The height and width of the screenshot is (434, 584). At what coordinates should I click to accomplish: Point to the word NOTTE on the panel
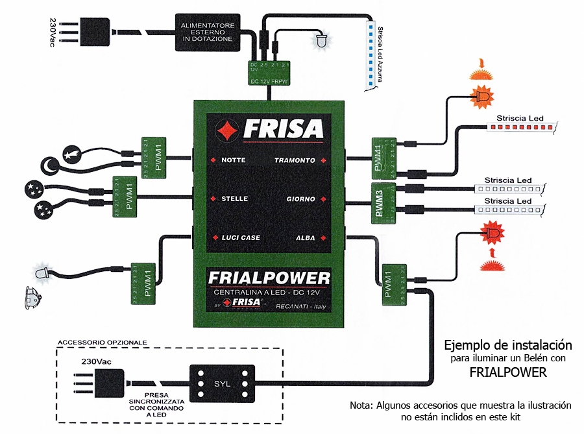pos(233,160)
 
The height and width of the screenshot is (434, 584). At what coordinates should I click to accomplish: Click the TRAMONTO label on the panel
pos(295,160)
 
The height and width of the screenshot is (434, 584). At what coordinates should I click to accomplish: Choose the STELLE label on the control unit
pos(234,199)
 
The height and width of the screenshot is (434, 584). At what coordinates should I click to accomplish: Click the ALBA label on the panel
pos(305,237)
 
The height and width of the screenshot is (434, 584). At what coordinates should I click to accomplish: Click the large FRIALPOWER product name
pos(269,279)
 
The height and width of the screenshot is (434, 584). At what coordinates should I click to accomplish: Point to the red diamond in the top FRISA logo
pos(228,130)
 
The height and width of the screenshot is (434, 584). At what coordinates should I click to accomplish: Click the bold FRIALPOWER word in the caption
pos(507,372)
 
